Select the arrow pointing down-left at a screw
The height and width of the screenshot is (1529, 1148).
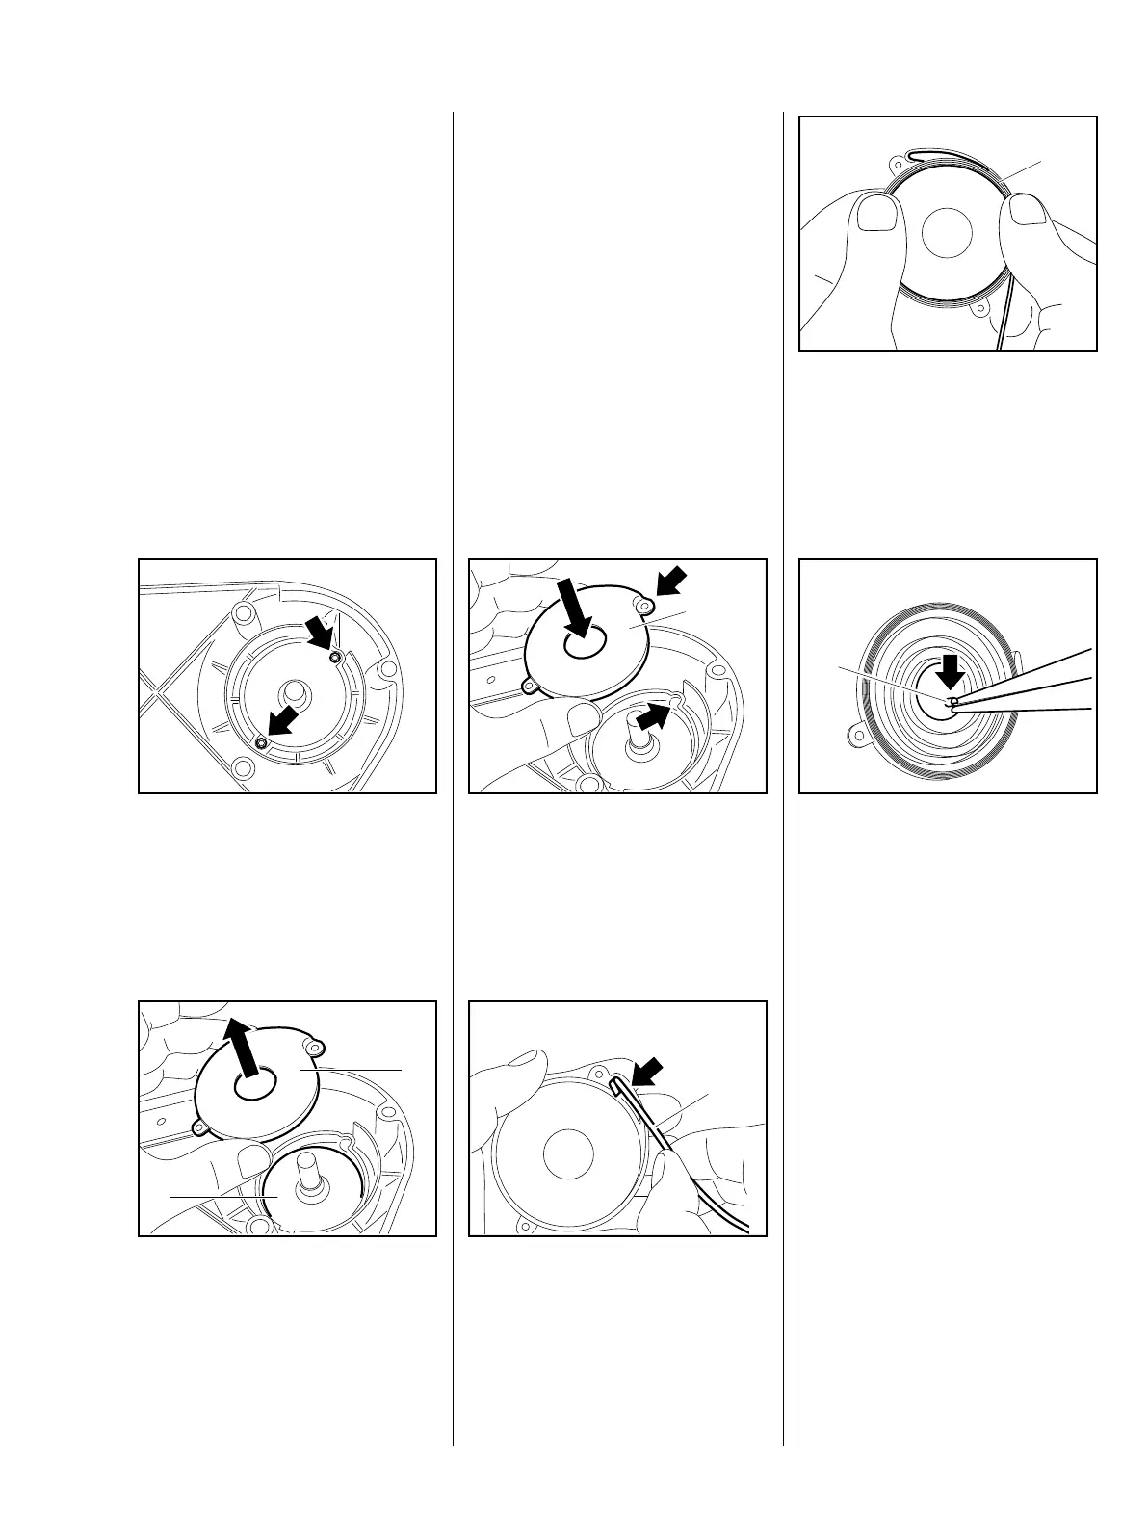point(284,722)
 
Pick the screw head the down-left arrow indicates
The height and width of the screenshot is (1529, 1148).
point(261,742)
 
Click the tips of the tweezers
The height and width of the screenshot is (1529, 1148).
point(952,703)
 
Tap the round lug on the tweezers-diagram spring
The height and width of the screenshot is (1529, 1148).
point(854,738)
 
